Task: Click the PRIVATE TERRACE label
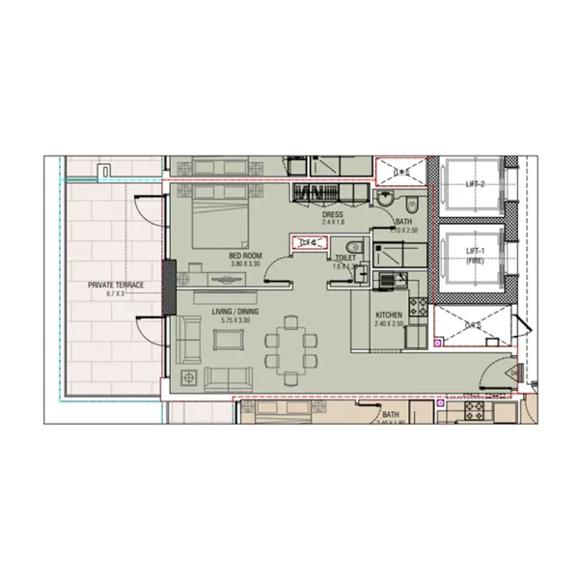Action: coord(116,285)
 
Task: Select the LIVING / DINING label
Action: coord(234,311)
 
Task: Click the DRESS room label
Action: coord(333,215)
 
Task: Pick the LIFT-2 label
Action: coord(475,183)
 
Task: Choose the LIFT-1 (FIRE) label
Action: coord(475,256)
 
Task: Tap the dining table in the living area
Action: coord(289,343)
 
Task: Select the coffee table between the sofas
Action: coord(229,339)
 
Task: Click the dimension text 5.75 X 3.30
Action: coord(234,319)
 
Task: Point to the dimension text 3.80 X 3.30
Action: coord(244,263)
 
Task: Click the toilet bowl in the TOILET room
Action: coord(354,245)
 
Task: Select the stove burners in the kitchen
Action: coord(419,308)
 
